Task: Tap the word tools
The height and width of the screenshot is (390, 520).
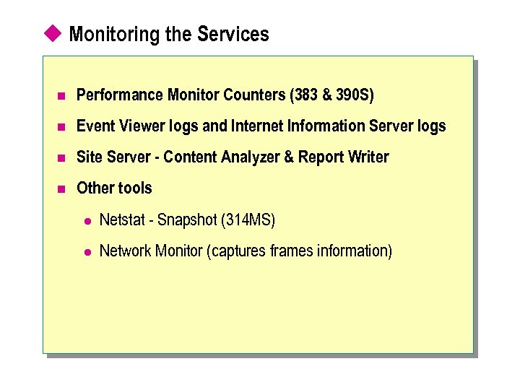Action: pyautogui.click(x=135, y=188)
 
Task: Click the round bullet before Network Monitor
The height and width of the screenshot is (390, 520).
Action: pyautogui.click(x=84, y=252)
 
